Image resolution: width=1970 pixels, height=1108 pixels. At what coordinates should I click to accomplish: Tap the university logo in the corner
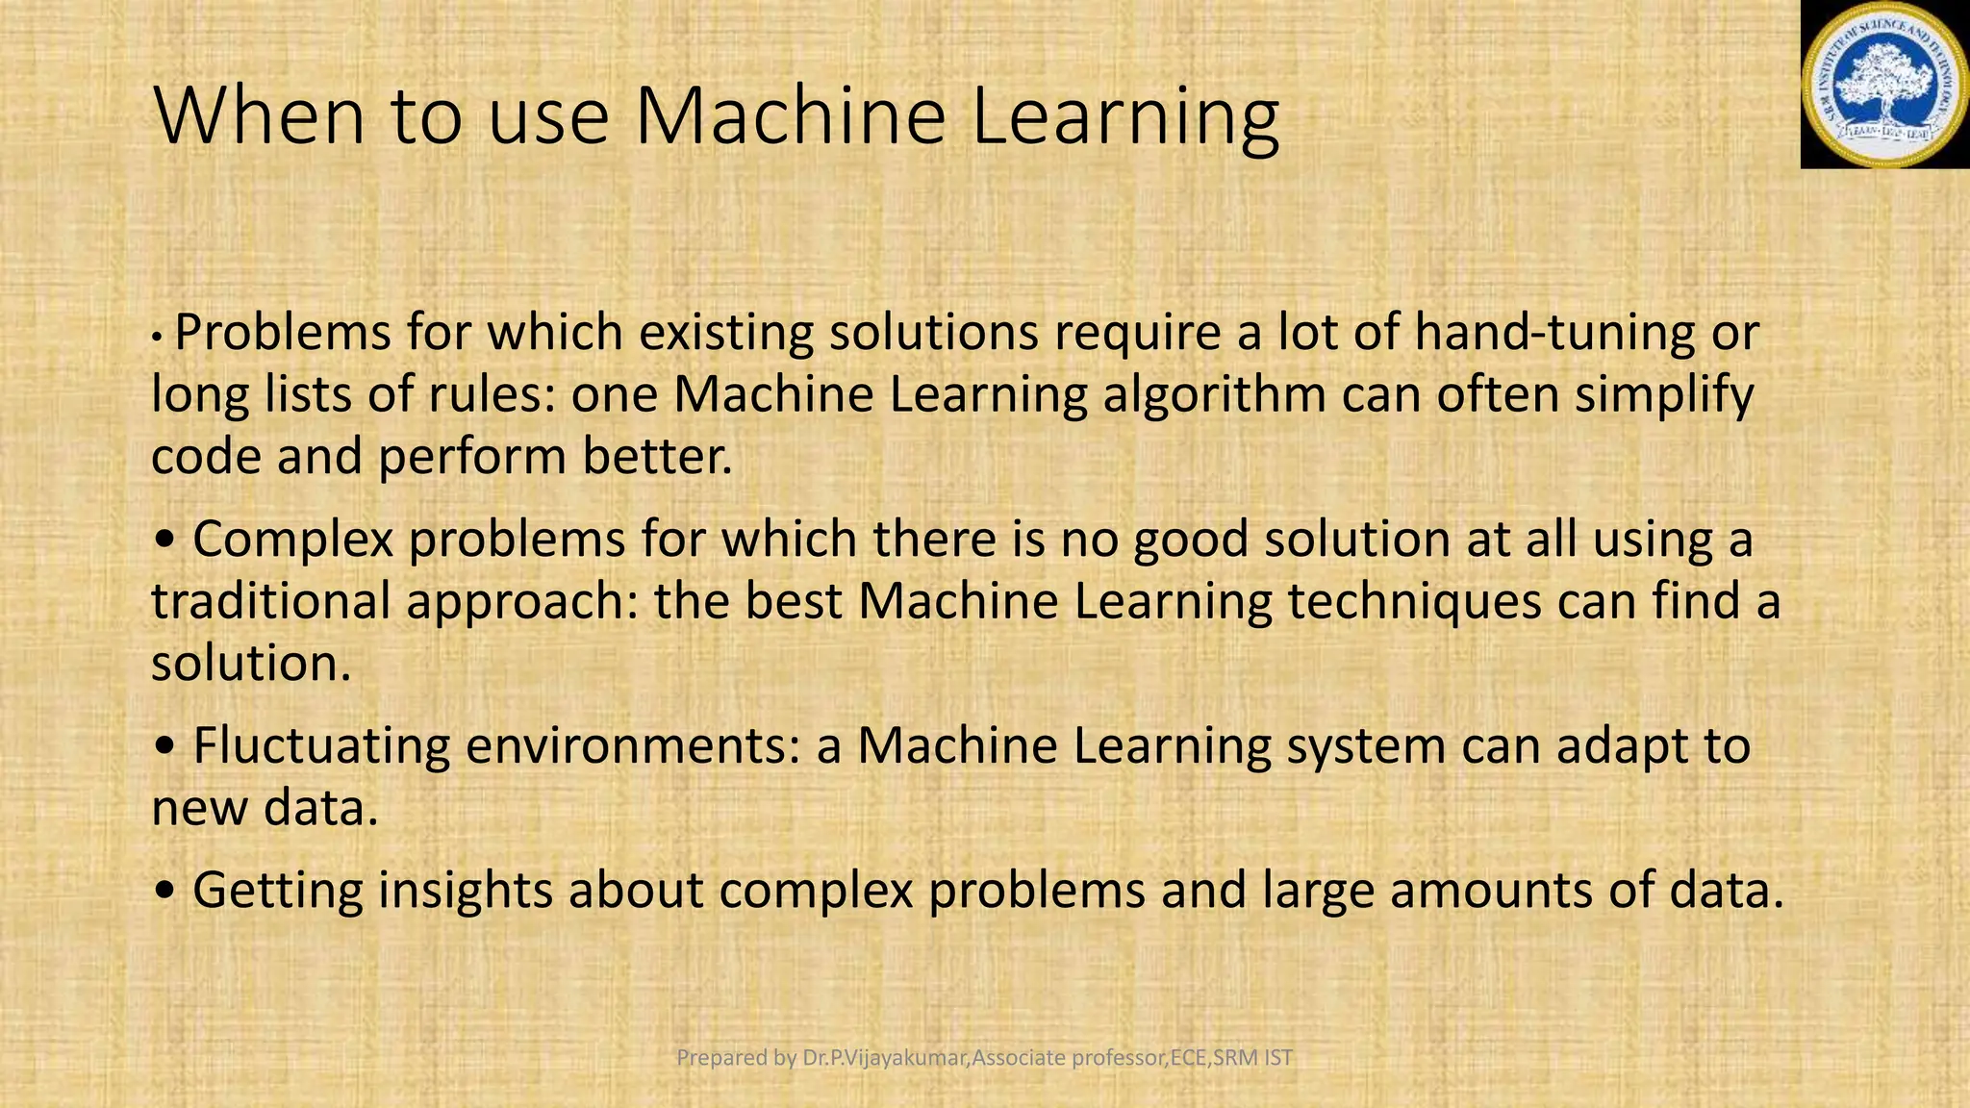tap(1884, 85)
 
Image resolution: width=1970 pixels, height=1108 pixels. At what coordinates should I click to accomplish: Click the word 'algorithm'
tap(1214, 395)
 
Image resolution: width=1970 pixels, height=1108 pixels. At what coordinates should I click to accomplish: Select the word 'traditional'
tap(270, 601)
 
